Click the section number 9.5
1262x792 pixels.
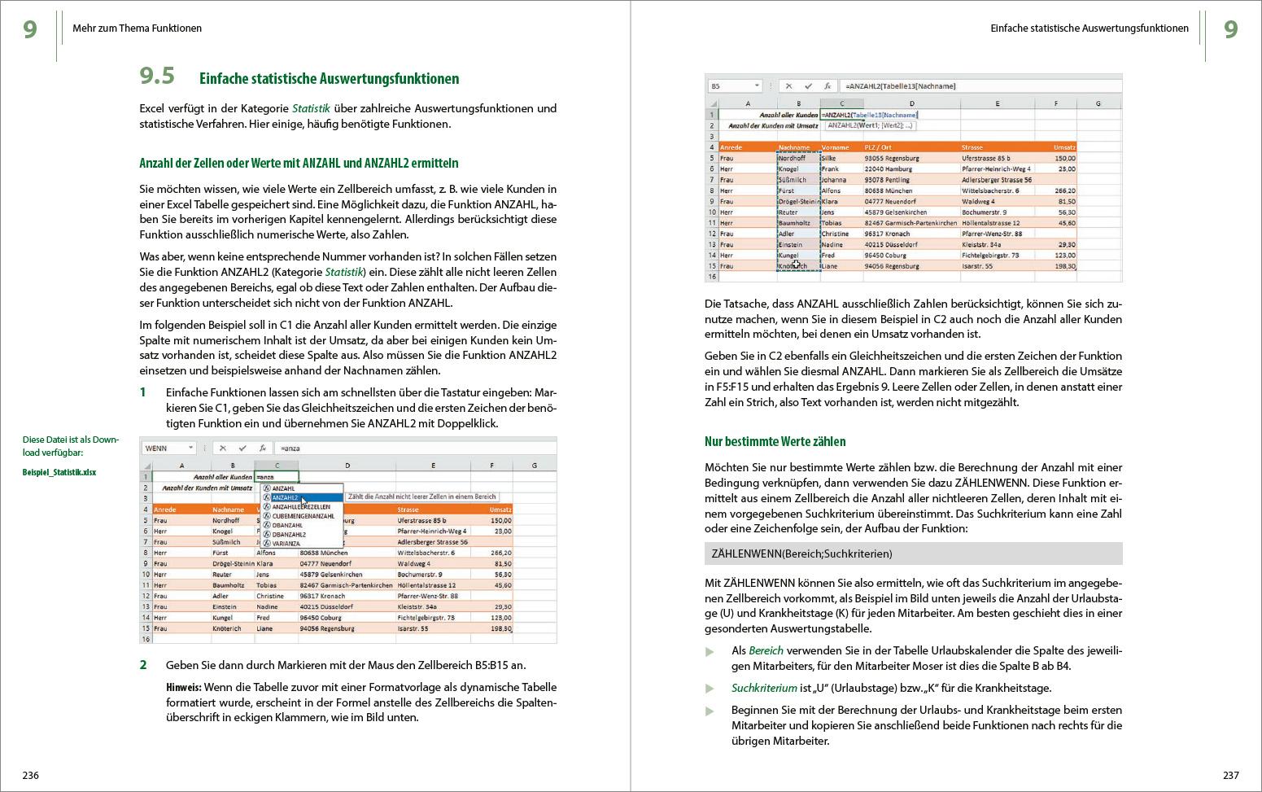click(x=157, y=77)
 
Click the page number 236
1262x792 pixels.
click(x=30, y=775)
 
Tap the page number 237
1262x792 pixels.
click(x=1230, y=775)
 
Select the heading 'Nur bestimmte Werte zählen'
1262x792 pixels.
click(x=775, y=442)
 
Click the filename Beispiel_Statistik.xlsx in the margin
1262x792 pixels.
click(x=59, y=472)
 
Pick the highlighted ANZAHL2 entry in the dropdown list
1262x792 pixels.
click(x=286, y=497)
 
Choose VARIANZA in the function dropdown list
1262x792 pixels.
click(x=286, y=543)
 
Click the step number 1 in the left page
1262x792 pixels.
click(x=143, y=392)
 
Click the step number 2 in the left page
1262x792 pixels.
click(x=143, y=665)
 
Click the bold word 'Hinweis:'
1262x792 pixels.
click(x=183, y=687)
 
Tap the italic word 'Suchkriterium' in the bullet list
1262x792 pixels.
click(x=764, y=688)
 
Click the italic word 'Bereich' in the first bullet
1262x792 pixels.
click(x=766, y=650)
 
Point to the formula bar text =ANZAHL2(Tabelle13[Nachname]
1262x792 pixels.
click(x=901, y=85)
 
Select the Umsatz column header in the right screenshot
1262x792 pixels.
click(x=1064, y=147)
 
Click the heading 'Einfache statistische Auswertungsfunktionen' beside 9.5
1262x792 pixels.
click(x=329, y=79)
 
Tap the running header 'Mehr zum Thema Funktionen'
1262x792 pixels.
click(x=137, y=28)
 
